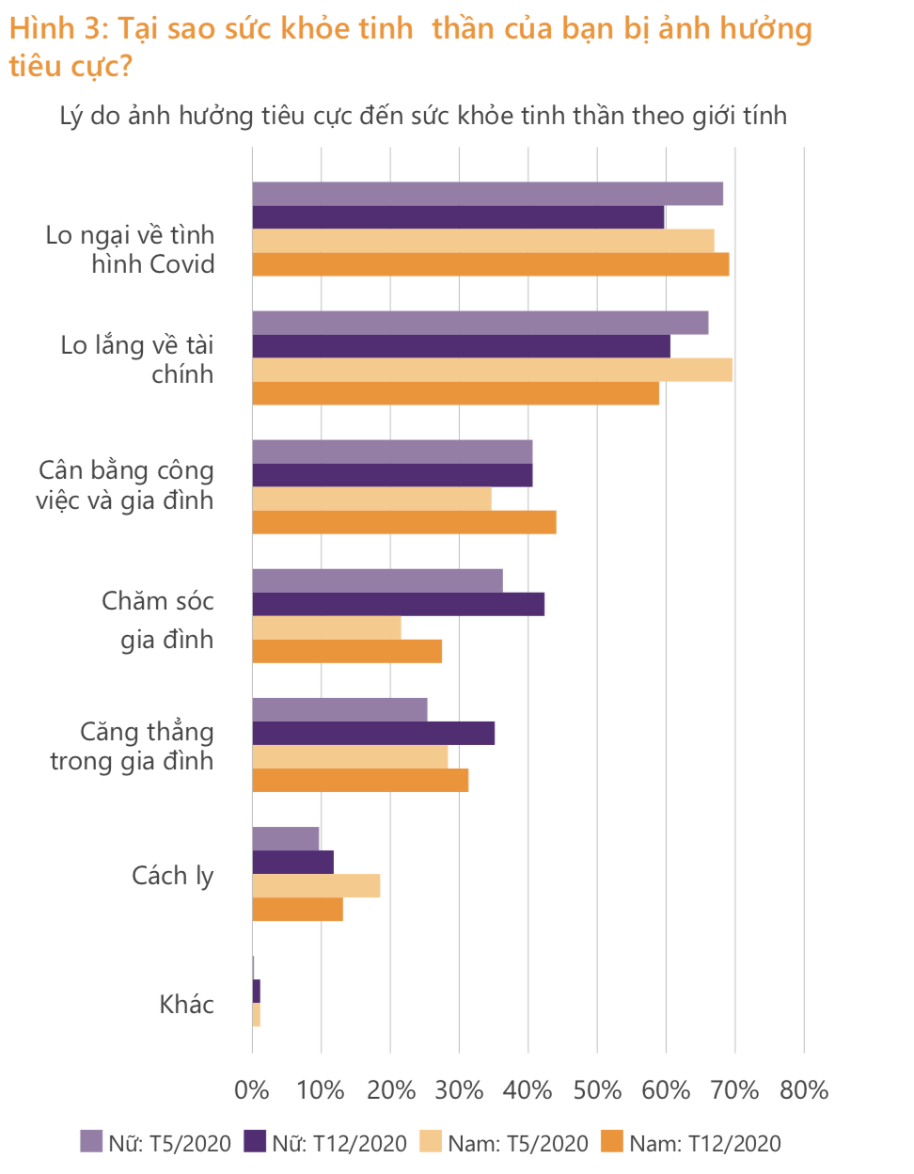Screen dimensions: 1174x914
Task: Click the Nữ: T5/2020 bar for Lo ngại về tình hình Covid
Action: pyautogui.click(x=487, y=194)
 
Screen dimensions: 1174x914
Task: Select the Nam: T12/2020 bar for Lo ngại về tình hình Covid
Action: pyautogui.click(x=490, y=264)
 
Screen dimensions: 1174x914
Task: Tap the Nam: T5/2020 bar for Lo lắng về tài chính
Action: pyautogui.click(x=492, y=370)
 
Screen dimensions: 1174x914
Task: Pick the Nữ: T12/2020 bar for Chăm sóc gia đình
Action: pyautogui.click(x=398, y=604)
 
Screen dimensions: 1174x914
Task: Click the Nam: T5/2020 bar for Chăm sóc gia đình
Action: pyautogui.click(x=326, y=627)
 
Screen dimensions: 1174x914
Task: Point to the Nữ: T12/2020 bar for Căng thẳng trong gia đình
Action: pyautogui.click(x=373, y=733)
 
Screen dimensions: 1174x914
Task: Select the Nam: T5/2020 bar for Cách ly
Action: pyautogui.click(x=316, y=885)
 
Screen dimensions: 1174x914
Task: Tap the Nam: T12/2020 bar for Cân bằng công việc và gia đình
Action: pyautogui.click(x=404, y=522)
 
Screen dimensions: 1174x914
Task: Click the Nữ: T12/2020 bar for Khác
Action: pyautogui.click(x=256, y=991)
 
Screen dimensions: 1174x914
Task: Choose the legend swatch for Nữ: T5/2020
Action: pyautogui.click(x=91, y=1142)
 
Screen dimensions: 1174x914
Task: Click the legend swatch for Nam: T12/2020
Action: pyautogui.click(x=612, y=1142)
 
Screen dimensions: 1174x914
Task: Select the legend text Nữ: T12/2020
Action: pyautogui.click(x=339, y=1144)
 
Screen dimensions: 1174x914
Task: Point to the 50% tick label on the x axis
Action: pyautogui.click(x=597, y=1090)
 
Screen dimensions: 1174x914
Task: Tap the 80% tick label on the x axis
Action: pyautogui.click(x=804, y=1090)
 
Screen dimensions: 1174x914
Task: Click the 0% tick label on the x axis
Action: pyautogui.click(x=252, y=1090)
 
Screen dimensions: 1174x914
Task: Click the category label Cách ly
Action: pyautogui.click(x=173, y=876)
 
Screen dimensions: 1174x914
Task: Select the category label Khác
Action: pyautogui.click(x=186, y=1005)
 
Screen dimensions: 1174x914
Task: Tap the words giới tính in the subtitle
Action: pyautogui.click(x=739, y=116)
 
